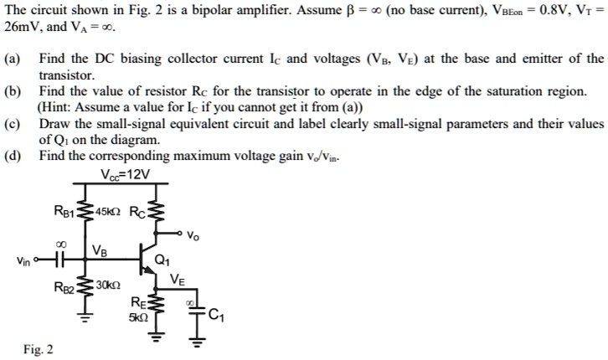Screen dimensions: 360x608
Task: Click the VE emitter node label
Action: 178,280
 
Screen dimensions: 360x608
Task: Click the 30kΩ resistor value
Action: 107,287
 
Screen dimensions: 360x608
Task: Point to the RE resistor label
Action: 139,305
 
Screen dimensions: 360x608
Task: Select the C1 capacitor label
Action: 217,316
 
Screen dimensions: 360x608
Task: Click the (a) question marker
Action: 12,59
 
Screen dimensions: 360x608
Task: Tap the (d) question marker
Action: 12,155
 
